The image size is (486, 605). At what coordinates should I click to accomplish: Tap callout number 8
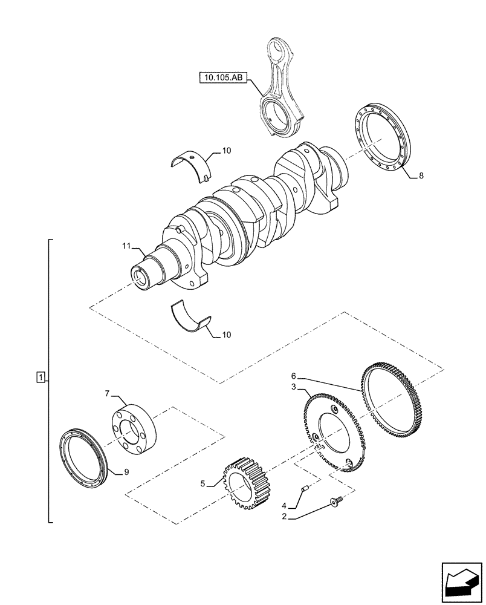[421, 176]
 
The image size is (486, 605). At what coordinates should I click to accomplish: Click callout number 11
[126, 246]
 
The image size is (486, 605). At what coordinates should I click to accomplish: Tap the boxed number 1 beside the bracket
[40, 379]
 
